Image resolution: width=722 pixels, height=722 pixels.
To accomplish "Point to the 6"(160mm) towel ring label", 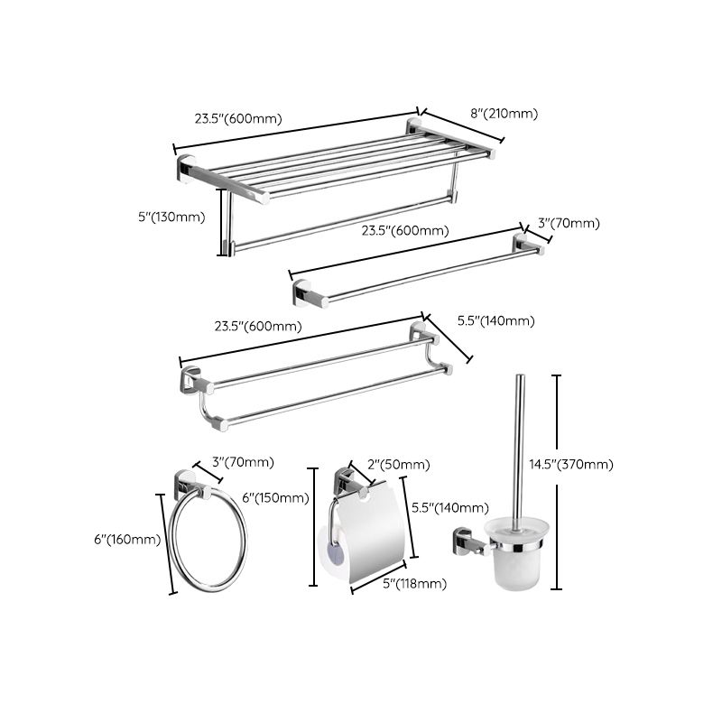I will [127, 540].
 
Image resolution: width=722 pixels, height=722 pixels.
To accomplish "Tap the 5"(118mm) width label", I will [414, 583].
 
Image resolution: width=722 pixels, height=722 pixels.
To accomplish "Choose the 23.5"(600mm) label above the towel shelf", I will [238, 118].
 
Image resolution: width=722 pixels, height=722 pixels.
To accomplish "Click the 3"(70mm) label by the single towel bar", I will [569, 223].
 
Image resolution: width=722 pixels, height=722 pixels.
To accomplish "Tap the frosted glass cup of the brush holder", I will [515, 558].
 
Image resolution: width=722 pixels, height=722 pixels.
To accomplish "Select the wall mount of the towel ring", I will [187, 482].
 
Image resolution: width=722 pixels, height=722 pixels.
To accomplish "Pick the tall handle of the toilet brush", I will [519, 451].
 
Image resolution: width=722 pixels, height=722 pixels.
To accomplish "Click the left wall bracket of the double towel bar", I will [190, 382].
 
